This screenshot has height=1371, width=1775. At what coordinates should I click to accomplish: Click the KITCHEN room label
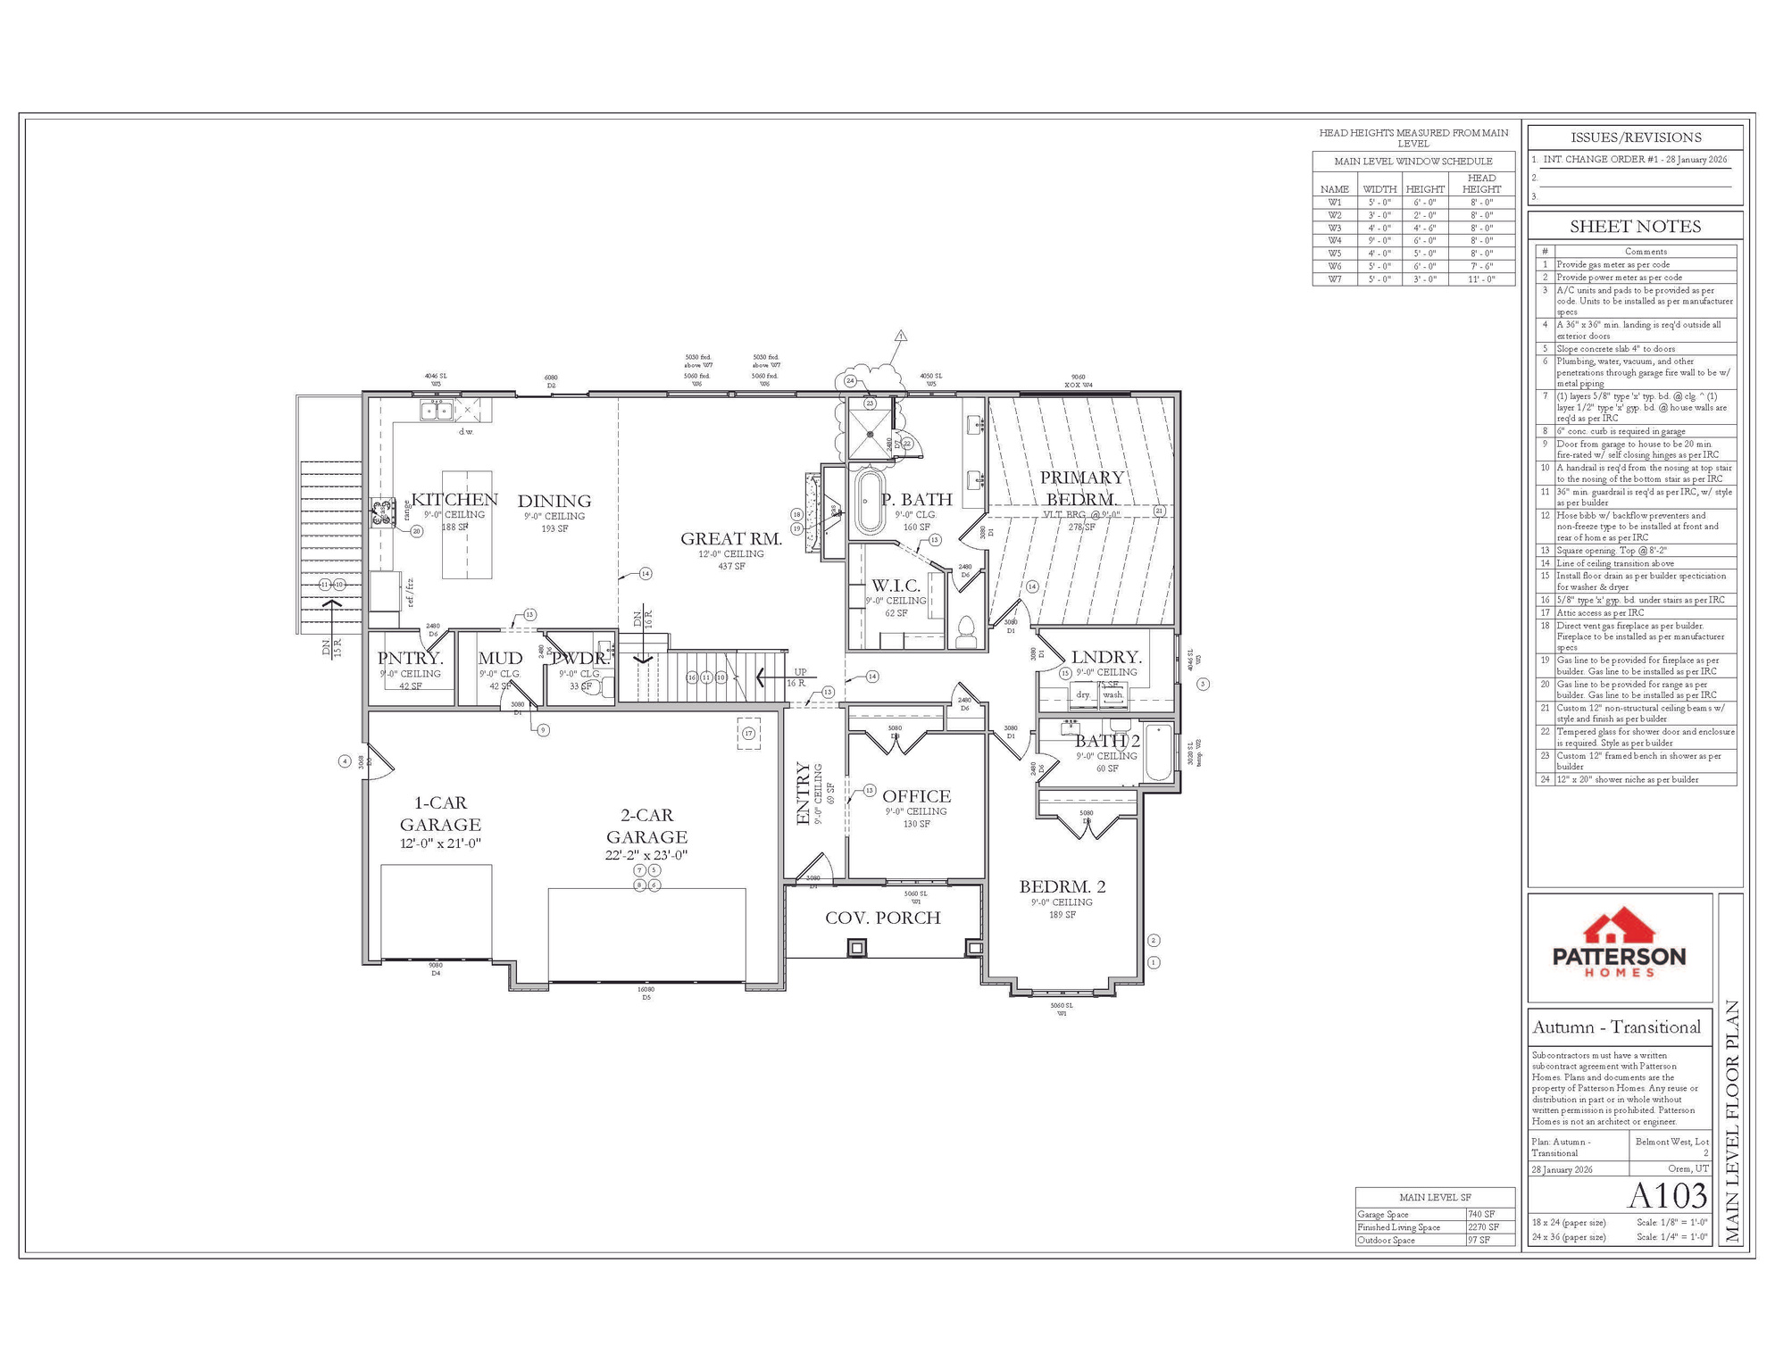(454, 500)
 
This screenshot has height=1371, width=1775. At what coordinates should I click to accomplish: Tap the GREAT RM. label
(730, 538)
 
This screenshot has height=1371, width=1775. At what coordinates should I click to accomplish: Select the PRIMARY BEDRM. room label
(1081, 488)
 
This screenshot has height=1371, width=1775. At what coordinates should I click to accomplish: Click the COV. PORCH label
(882, 918)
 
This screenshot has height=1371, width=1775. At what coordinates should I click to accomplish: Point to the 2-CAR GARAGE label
(646, 826)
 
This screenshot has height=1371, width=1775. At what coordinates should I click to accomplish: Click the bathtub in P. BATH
(867, 502)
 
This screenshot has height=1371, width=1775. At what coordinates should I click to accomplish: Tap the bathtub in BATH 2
(1158, 752)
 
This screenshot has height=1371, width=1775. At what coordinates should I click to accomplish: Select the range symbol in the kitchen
(384, 512)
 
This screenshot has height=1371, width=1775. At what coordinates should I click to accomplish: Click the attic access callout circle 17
(748, 734)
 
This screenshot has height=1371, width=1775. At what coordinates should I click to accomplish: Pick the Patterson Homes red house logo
(1619, 928)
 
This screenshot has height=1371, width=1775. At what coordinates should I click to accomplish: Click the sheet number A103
(1667, 1195)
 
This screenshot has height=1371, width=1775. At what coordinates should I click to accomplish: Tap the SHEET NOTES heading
(1635, 227)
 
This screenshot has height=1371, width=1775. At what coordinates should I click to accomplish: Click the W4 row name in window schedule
(1334, 240)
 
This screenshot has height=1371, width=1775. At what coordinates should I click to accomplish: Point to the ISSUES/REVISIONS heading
(1635, 137)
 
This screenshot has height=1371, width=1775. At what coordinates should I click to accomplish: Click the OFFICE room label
(916, 796)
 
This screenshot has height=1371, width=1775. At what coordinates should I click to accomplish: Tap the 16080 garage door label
(646, 989)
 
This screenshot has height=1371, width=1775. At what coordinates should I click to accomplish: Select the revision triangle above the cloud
(901, 337)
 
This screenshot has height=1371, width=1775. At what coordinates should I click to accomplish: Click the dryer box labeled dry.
(1083, 694)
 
